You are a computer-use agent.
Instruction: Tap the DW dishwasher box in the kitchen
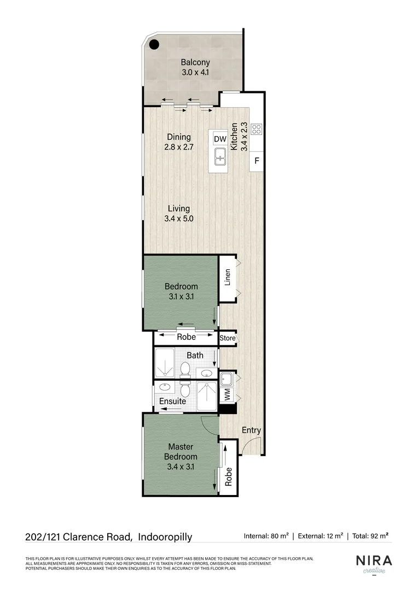(220, 139)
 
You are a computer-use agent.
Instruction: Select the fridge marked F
(257, 162)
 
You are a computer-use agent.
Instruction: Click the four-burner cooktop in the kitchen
(257, 129)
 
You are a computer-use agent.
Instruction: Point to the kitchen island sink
(220, 160)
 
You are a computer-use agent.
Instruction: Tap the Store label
(227, 338)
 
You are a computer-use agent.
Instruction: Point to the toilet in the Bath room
(185, 370)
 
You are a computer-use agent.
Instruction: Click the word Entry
(252, 430)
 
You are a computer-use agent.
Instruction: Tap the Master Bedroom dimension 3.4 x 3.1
(181, 467)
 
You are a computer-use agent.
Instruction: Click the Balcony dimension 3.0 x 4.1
(195, 72)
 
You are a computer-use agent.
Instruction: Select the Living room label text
(179, 209)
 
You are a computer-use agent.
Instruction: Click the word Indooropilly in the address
(165, 537)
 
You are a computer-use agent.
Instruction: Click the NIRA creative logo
(374, 564)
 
